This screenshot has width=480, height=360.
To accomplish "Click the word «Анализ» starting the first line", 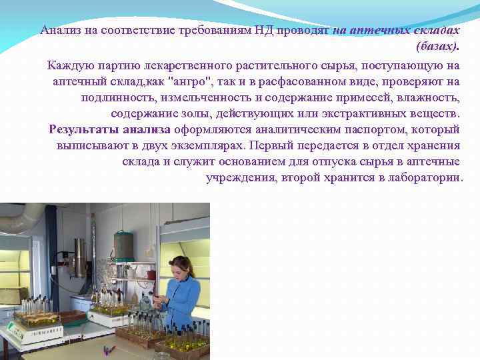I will [x=59, y=31].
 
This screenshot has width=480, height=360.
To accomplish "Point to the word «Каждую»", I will [x=70, y=65].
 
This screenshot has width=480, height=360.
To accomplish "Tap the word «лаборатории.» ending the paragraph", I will [x=423, y=178].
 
